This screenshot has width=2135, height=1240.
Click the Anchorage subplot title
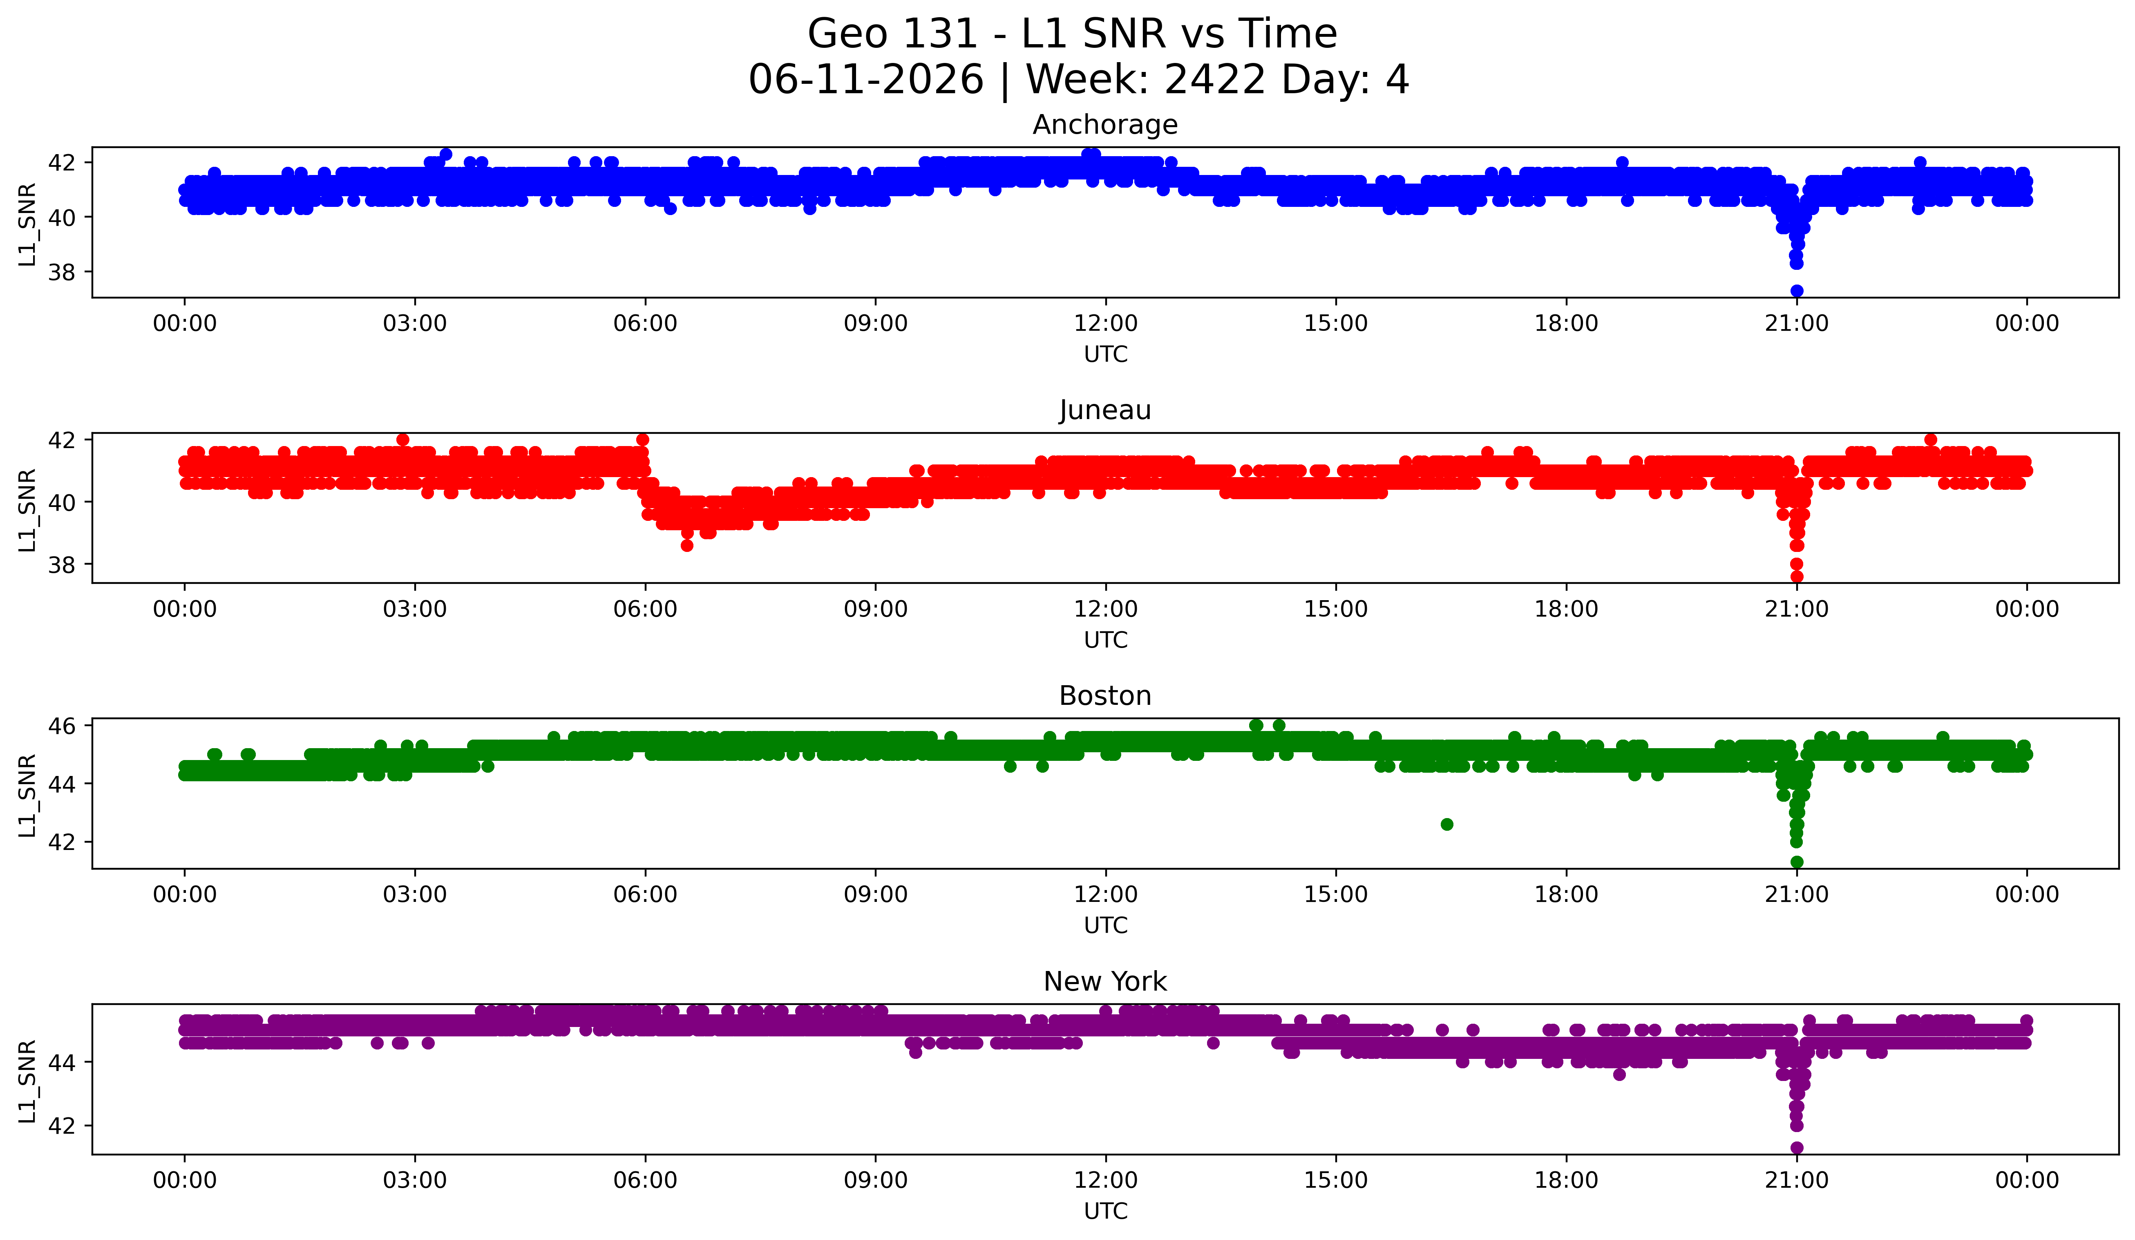click(1105, 125)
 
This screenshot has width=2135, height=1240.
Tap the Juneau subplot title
click(1105, 410)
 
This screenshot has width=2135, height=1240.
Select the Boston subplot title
click(1105, 696)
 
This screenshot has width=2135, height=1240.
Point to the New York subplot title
click(1105, 982)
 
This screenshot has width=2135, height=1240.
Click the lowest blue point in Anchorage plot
click(1796, 291)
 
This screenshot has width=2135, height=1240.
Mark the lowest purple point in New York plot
click(1796, 1148)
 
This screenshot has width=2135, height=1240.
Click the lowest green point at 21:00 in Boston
click(1796, 862)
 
